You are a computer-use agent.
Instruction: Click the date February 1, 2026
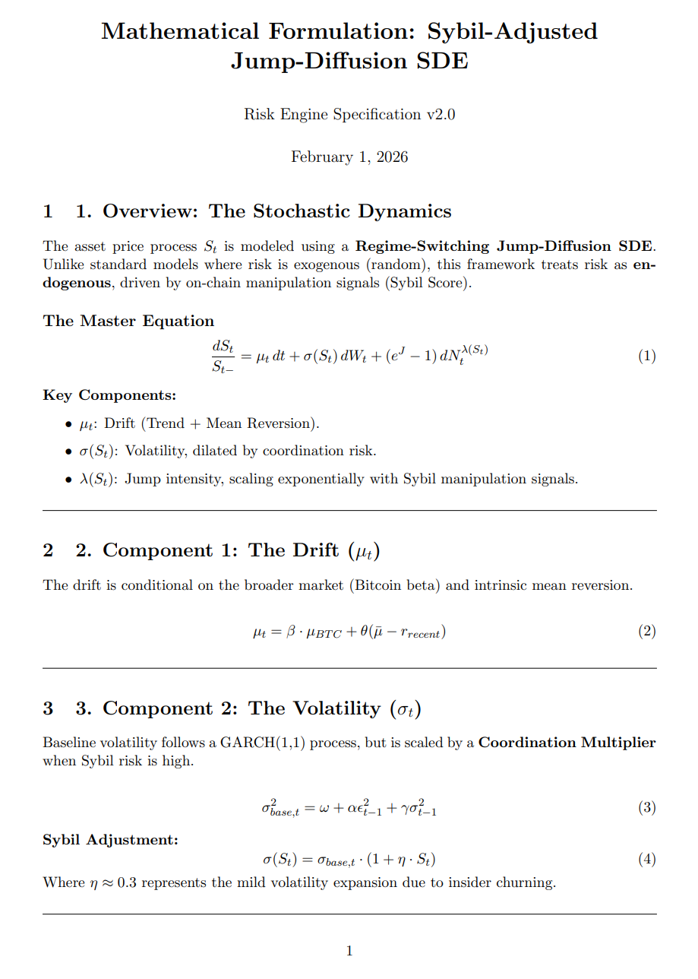pyautogui.click(x=349, y=157)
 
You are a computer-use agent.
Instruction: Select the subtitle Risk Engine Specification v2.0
pyautogui.click(x=349, y=115)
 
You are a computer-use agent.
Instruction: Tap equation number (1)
pyautogui.click(x=646, y=356)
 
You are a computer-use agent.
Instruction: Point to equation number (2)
pyautogui.click(x=646, y=631)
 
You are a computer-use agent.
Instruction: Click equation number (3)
pyautogui.click(x=646, y=807)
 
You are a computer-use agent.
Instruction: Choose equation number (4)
pyautogui.click(x=646, y=859)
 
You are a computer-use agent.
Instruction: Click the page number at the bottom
pyautogui.click(x=349, y=950)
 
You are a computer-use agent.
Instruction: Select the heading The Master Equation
pyautogui.click(x=128, y=321)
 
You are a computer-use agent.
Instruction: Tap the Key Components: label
pyautogui.click(x=109, y=395)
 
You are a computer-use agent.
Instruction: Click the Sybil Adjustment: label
pyautogui.click(x=111, y=840)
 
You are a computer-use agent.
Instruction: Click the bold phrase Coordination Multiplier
pyautogui.click(x=567, y=743)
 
